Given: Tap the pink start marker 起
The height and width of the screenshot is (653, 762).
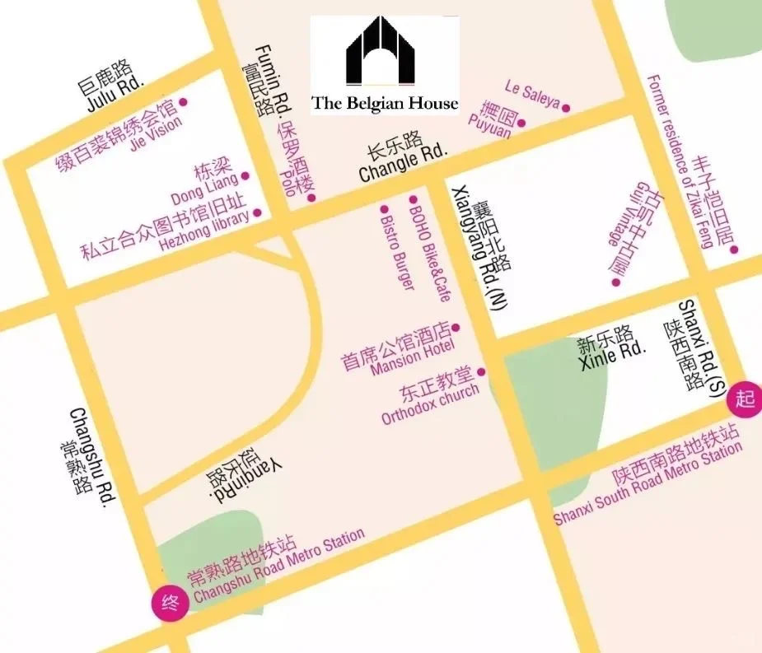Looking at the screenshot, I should pyautogui.click(x=745, y=400).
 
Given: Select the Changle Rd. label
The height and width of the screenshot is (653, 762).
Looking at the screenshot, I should pyautogui.click(x=404, y=163).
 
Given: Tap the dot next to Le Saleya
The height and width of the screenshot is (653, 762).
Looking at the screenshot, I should pyautogui.click(x=566, y=108).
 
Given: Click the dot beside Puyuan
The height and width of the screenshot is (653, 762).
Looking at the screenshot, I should pyautogui.click(x=521, y=124).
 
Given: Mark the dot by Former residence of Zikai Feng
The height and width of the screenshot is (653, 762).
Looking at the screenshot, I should pyautogui.click(x=734, y=250).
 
